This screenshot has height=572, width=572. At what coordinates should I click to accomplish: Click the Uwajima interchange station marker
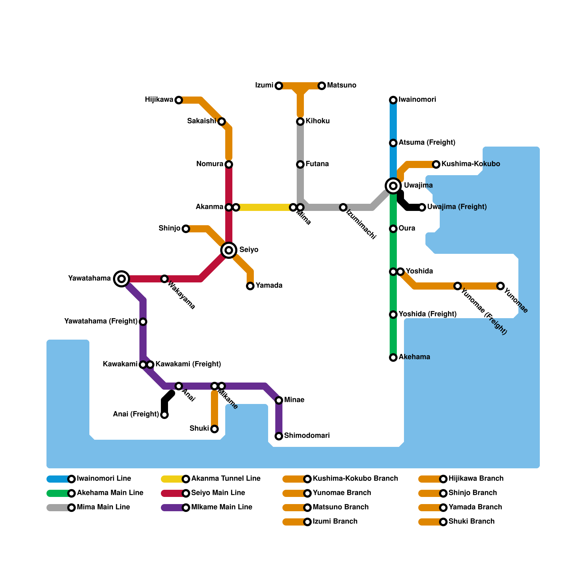[393, 186]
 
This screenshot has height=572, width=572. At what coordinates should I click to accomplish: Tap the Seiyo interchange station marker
[229, 250]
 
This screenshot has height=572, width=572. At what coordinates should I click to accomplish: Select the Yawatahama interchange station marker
[122, 278]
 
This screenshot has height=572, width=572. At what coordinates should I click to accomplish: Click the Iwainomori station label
[417, 100]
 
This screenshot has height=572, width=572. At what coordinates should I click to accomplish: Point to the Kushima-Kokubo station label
[470, 164]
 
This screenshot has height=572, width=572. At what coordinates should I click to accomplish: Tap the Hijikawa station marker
[179, 100]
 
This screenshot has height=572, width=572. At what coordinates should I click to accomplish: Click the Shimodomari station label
[307, 436]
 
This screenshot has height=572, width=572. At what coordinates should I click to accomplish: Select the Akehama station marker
[393, 357]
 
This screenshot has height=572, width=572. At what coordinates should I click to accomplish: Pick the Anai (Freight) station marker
[164, 415]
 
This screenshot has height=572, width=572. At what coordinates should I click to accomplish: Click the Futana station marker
[300, 164]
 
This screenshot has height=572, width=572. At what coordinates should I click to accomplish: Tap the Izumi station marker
[279, 86]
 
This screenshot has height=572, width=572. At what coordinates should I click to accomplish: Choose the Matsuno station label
[341, 85]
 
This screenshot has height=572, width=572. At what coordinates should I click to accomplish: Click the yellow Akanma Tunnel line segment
[265, 207]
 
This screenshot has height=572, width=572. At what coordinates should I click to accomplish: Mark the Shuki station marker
[214, 429]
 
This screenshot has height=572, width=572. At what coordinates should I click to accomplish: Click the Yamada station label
[269, 286]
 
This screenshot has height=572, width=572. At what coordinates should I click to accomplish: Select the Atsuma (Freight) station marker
[393, 143]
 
